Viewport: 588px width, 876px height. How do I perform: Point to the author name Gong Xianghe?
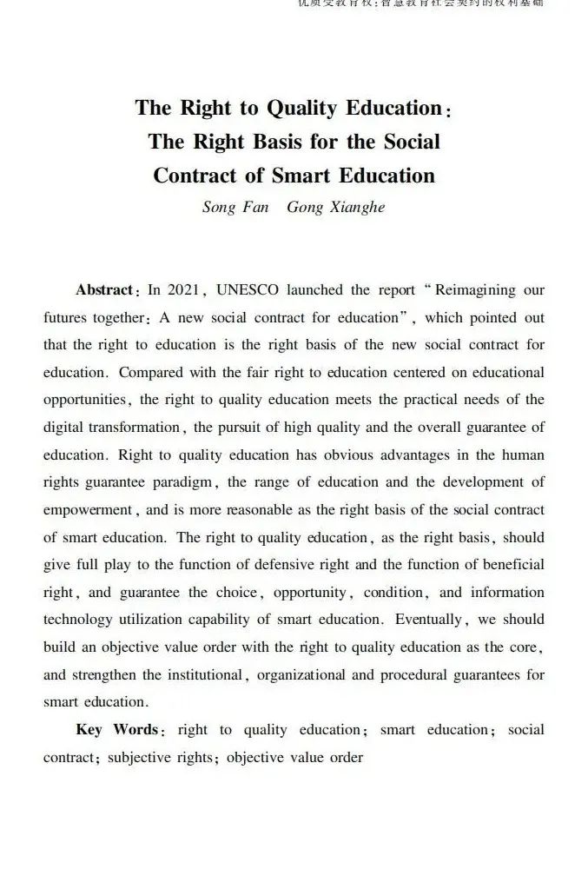pos(335,209)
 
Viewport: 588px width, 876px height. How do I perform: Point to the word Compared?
pos(149,372)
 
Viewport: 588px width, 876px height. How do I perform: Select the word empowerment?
pos(86,510)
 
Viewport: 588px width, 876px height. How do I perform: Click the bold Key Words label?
pos(116,729)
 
